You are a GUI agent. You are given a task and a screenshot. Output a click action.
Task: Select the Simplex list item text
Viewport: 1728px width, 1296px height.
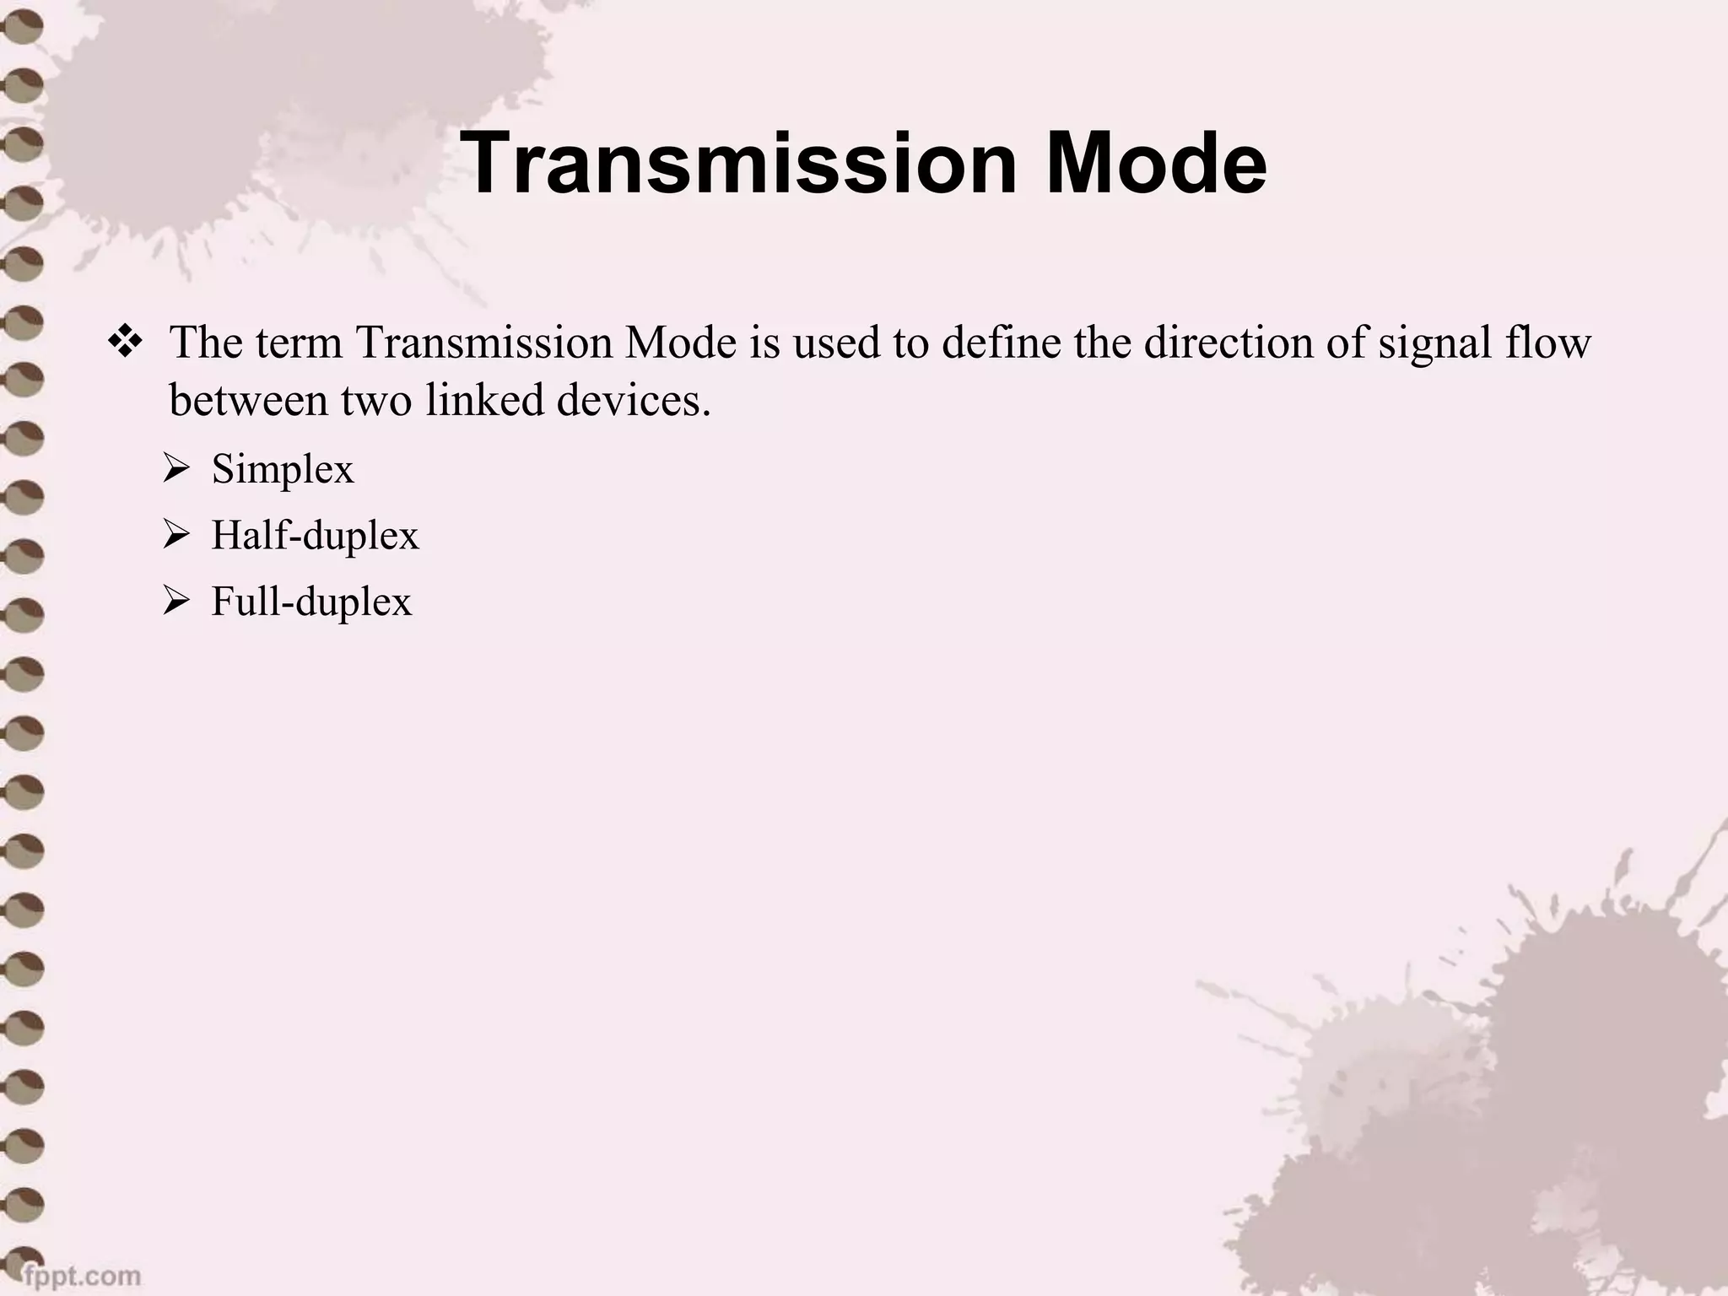pyautogui.click(x=283, y=468)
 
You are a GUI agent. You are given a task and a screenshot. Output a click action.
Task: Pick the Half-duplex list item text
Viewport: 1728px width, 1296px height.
pyautogui.click(x=315, y=535)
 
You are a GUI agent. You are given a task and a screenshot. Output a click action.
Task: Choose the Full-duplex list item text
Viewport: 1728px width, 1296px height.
pyautogui.click(x=311, y=602)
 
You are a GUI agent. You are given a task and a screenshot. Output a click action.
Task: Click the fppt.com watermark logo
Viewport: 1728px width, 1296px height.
pyautogui.click(x=81, y=1274)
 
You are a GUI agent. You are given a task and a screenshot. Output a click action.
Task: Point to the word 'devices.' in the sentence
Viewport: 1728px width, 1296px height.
pyautogui.click(x=634, y=400)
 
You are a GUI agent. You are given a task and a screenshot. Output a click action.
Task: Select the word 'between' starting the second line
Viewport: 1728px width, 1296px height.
pyautogui.click(x=248, y=400)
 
